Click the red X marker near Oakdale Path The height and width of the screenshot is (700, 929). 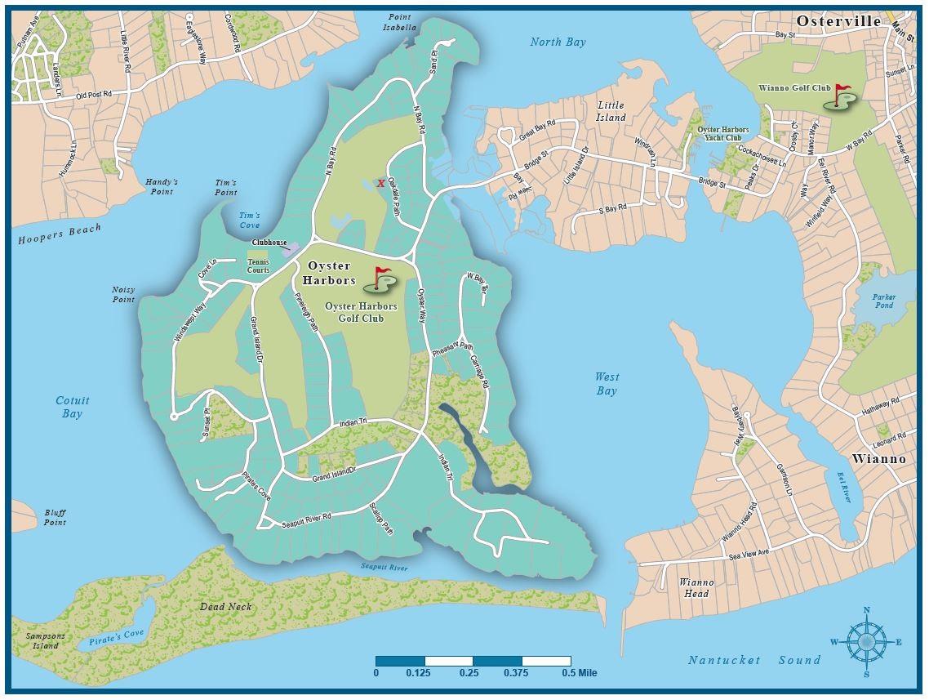coord(381,184)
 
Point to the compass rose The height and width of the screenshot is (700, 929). coord(866,641)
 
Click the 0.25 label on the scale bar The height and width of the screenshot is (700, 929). coord(469,673)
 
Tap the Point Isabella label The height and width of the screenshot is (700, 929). coord(399,22)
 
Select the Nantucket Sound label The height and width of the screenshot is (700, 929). coord(753,660)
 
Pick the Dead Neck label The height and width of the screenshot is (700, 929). coord(226,607)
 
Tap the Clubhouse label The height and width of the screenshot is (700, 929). coord(269,243)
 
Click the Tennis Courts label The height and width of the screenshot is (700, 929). coord(259,265)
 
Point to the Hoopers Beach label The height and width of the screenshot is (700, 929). coord(60,234)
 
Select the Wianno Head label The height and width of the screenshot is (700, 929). coord(696,588)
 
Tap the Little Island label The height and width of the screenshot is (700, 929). coord(611,111)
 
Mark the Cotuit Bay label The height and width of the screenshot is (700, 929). coord(73,407)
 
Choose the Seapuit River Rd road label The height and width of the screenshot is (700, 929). coord(306,518)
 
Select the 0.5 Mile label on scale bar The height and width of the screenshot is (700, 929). coord(580,673)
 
